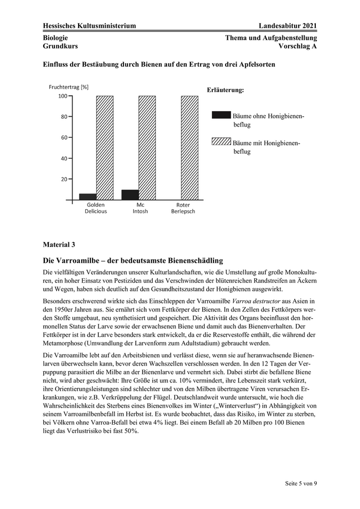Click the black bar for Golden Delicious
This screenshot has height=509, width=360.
click(x=87, y=196)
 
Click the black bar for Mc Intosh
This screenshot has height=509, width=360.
click(x=130, y=194)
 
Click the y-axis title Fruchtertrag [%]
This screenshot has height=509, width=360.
click(x=68, y=87)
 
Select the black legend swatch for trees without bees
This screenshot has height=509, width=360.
click(x=221, y=115)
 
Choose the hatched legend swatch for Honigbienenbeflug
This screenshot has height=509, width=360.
click(x=221, y=140)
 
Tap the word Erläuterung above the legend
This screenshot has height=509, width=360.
click(x=225, y=89)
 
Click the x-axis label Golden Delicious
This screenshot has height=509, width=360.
click(x=96, y=208)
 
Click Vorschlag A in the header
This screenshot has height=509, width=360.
click(x=297, y=46)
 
